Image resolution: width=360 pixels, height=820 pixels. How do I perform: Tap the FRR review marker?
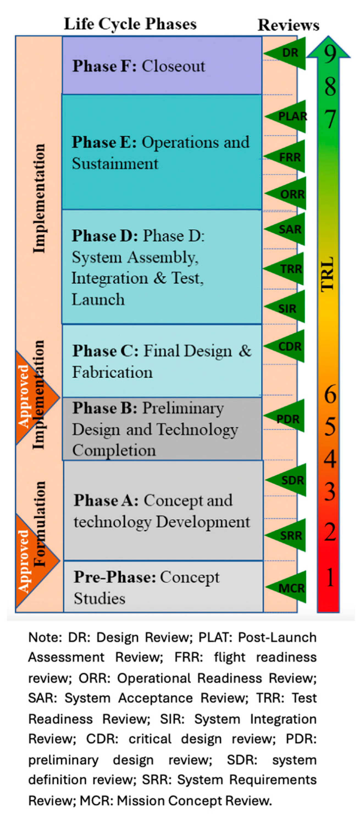288,157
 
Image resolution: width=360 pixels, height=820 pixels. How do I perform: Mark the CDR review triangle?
288,346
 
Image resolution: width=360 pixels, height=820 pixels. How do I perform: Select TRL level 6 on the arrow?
330,394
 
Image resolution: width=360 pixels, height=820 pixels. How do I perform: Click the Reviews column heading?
288,25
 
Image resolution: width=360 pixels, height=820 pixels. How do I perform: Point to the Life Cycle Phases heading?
130,24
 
